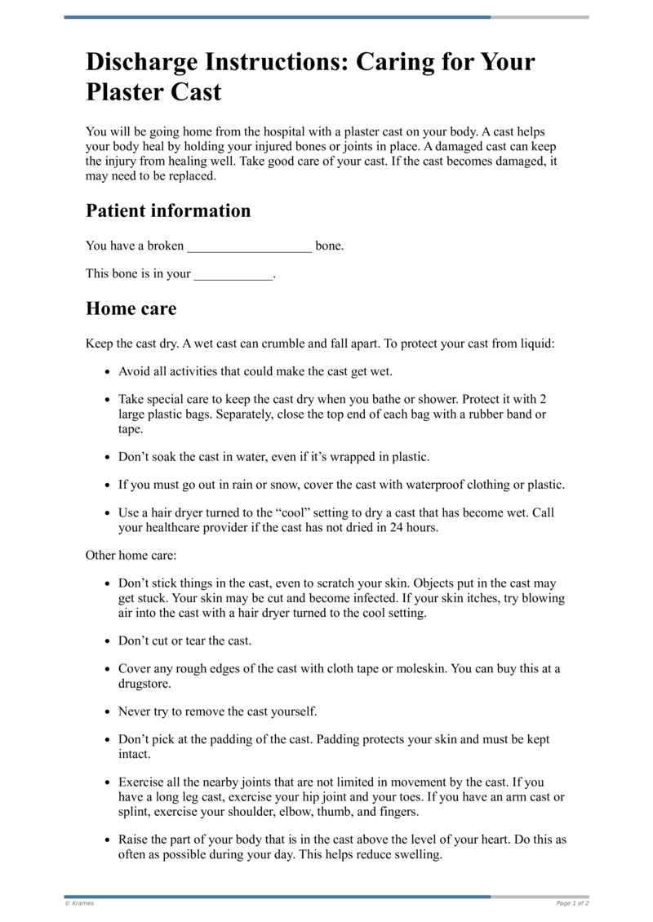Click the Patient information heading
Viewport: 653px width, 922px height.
pyautogui.click(x=168, y=211)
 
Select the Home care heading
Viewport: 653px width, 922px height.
pyautogui.click(x=131, y=309)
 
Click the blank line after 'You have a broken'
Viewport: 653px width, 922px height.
pyautogui.click(x=249, y=246)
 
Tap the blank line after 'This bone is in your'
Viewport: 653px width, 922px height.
pyautogui.click(x=233, y=275)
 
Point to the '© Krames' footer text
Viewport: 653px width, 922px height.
pyautogui.click(x=79, y=903)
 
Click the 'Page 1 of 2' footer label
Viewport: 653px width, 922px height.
pyautogui.click(x=572, y=903)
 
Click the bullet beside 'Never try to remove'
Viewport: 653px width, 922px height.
pyautogui.click(x=108, y=712)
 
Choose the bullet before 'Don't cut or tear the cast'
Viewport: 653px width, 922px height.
pyautogui.click(x=108, y=641)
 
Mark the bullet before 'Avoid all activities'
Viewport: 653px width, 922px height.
pyautogui.click(x=108, y=372)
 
